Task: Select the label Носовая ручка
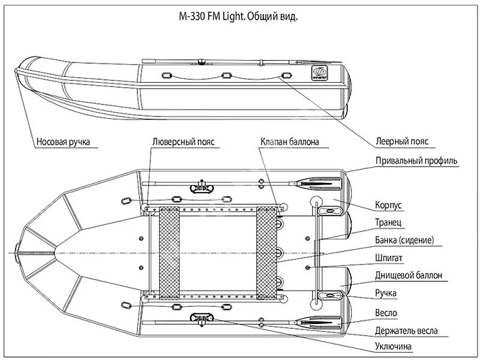click(63, 143)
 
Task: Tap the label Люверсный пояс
click(184, 143)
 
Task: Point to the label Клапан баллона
click(289, 143)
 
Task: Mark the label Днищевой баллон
click(409, 275)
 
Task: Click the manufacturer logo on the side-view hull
click(319, 75)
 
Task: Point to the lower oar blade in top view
click(324, 322)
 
